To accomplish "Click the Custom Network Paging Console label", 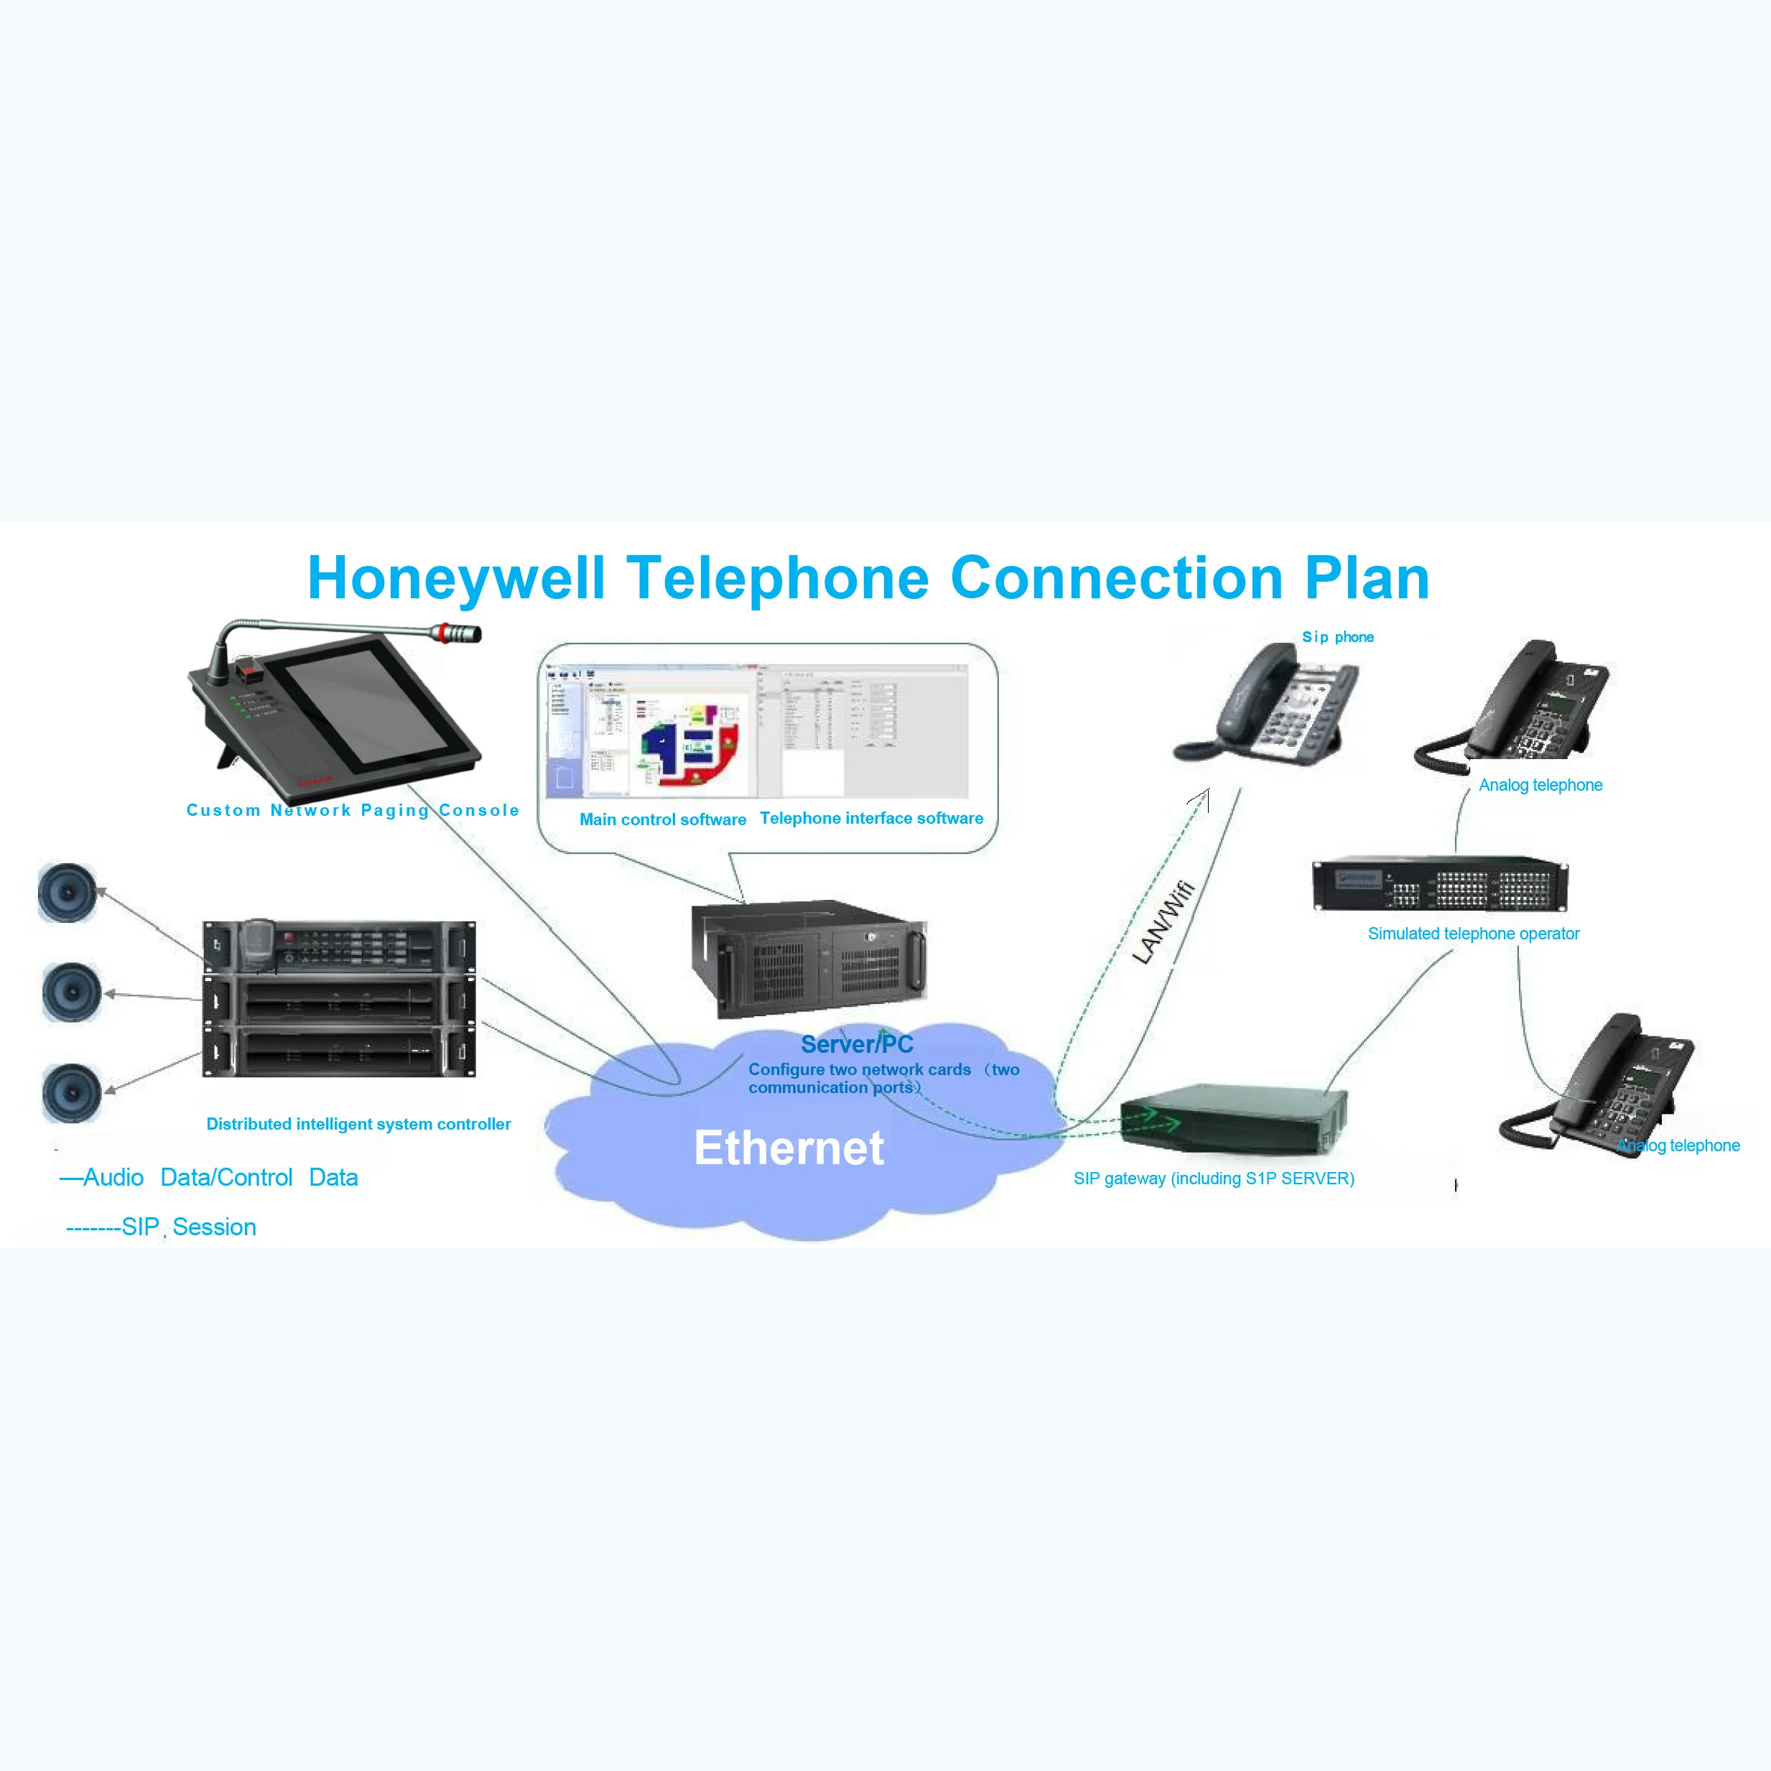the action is [353, 810].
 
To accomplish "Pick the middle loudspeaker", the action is [72, 992].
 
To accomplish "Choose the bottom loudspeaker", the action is [72, 1092].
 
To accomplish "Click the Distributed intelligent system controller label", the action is [358, 1124].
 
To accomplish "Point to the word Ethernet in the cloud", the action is [789, 1148].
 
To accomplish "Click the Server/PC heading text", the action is [856, 1044].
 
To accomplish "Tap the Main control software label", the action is [662, 819].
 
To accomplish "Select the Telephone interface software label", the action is [871, 818].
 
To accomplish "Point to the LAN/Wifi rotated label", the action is [1162, 922].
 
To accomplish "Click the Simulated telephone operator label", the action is [1473, 933].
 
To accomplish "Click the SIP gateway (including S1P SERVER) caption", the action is [1214, 1178].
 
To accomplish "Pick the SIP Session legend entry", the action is [162, 1227].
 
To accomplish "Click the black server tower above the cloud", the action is [808, 958].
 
